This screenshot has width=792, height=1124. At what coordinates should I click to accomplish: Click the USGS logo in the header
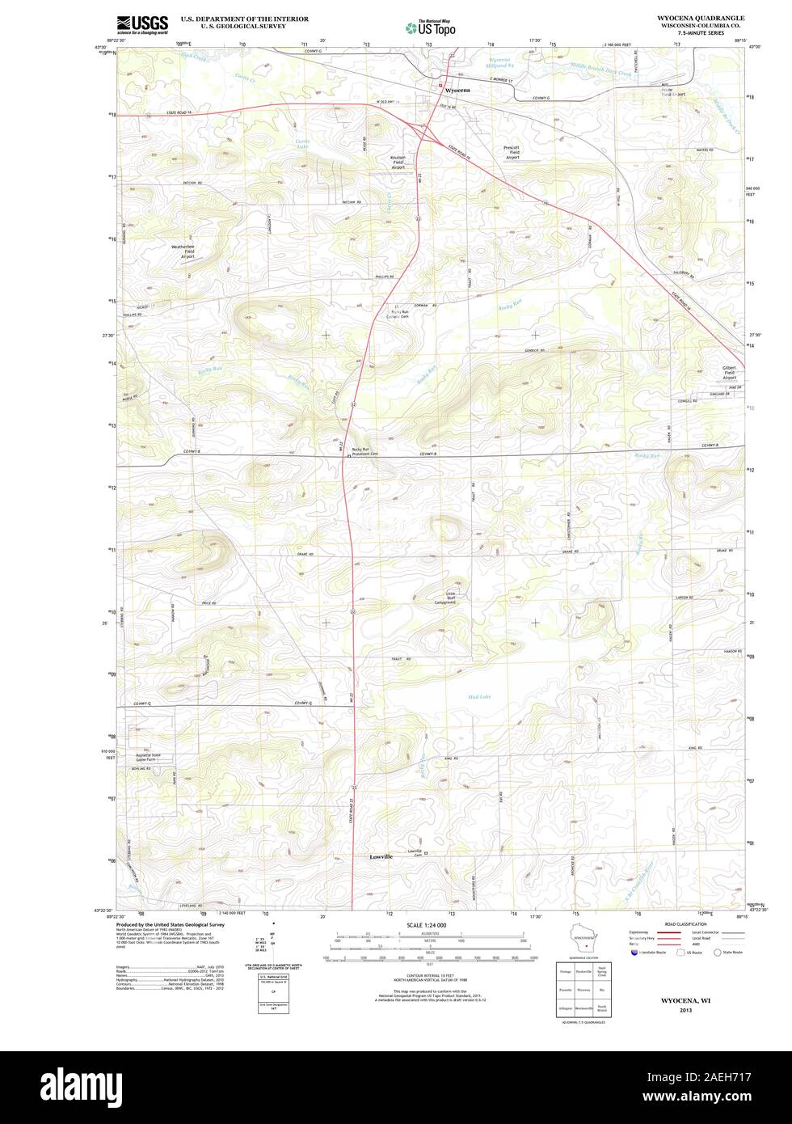tap(142, 23)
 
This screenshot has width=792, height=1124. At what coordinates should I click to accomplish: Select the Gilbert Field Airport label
tap(729, 372)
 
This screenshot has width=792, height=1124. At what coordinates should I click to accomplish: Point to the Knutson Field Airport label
tap(398, 163)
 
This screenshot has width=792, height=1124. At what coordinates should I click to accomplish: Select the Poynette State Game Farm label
tap(147, 758)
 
